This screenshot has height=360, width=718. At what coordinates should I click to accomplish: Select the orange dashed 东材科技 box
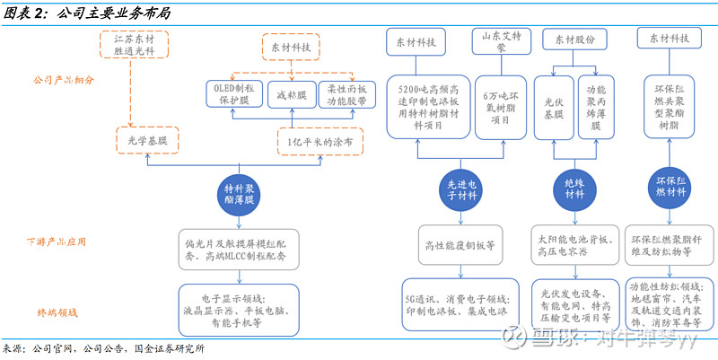(x=290, y=46)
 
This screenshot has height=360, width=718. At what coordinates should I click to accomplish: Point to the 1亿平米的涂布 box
(x=313, y=142)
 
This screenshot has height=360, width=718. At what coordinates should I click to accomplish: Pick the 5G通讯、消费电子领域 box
(x=460, y=298)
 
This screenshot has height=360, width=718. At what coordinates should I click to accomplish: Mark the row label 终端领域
(x=57, y=312)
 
